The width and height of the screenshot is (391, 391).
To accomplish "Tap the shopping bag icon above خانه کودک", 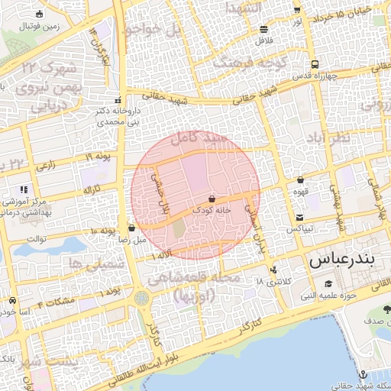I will coord(212,197).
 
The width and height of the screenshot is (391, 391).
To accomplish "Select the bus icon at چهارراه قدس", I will coord(315,65).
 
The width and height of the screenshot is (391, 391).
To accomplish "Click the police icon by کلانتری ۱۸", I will coord(273,270).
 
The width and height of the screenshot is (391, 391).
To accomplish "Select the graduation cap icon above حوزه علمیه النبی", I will coord(328,284).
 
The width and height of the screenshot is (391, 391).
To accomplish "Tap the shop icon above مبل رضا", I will coord(132,228).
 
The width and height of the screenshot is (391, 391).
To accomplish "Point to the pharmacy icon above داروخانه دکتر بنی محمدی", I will coord(117,101).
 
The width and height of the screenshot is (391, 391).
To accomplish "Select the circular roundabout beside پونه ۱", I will coord(142,296).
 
